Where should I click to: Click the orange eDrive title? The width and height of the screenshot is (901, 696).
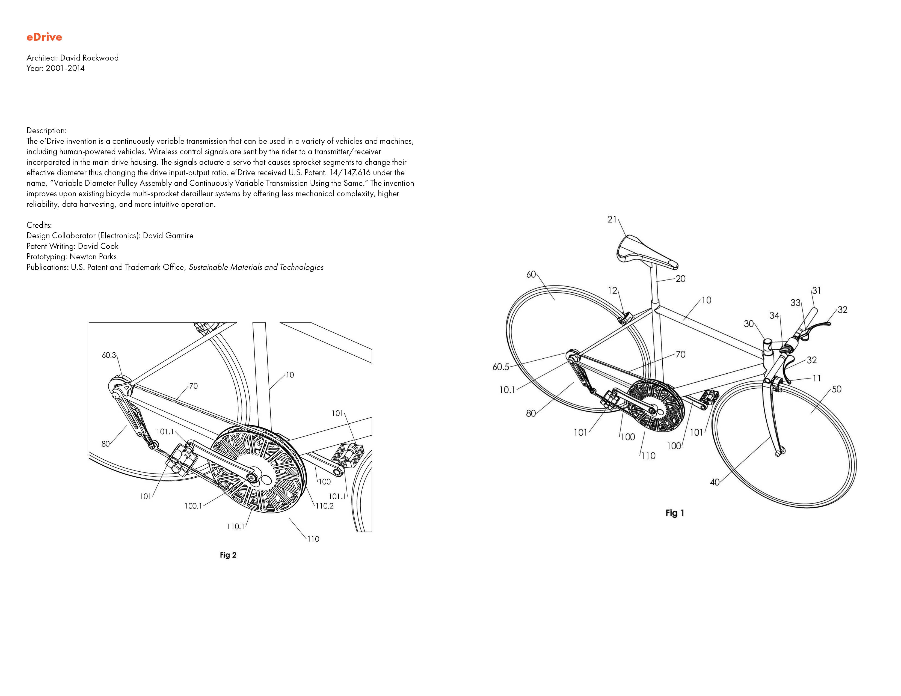pos(44,37)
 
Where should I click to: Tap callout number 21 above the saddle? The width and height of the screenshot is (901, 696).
pos(612,219)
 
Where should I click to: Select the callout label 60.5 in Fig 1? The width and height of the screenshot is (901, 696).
pos(501,367)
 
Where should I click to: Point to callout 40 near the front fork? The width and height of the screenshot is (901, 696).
pos(715,482)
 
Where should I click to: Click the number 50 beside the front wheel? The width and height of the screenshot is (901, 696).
pos(836,389)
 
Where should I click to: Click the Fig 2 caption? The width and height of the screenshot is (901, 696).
pos(228,555)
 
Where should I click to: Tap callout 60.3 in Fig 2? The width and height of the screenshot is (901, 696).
pos(109,355)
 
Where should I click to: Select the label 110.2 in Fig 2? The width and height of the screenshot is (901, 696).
pos(325,506)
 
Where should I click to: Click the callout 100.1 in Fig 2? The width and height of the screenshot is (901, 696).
pos(193,506)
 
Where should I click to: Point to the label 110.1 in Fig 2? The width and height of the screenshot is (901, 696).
pos(236,527)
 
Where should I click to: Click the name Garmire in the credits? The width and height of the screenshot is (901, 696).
pos(179,236)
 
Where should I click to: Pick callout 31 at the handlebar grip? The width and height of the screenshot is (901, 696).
pos(816,291)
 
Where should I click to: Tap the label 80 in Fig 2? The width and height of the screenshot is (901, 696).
pos(106,444)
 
